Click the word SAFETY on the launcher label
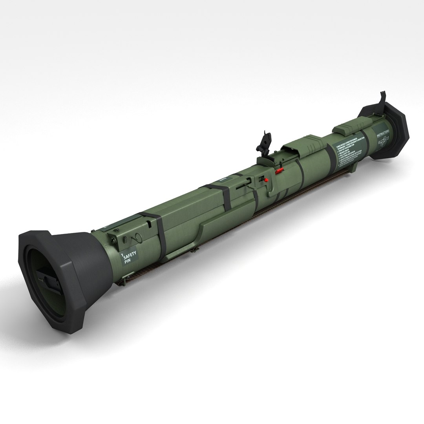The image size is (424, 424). pos(129,256)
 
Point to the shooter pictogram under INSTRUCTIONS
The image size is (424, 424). pos(383,144)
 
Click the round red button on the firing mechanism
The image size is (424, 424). pos(265,180)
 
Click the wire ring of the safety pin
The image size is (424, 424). pos(138,238)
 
